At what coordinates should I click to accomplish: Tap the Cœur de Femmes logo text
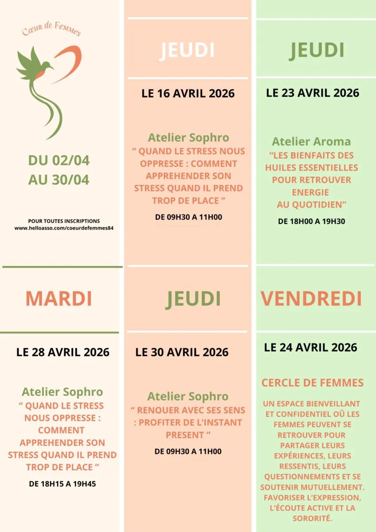pos(51,31)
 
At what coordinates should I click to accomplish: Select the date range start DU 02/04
pos(59,160)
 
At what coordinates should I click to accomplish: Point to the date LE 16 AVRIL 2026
pos(188,94)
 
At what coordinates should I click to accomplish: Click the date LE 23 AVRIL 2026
pos(313,93)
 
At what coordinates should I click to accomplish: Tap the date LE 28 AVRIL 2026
pos(63,352)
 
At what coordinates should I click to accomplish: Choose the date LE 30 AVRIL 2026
pos(182,352)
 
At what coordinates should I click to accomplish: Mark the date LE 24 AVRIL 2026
pos(310,347)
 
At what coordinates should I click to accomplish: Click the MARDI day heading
pos(59,299)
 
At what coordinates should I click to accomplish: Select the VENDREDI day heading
pos(311,299)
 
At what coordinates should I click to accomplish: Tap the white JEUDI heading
pos(187,51)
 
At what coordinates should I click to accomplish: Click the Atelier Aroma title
pos(311,142)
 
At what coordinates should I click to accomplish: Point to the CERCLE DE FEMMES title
pos(313,383)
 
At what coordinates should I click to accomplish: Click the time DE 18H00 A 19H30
pos(311,222)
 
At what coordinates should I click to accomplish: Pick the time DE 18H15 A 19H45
pos(63,484)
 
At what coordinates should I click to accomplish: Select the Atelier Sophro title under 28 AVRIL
pos(63,392)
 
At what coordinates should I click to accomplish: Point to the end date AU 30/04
pos(59,180)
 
